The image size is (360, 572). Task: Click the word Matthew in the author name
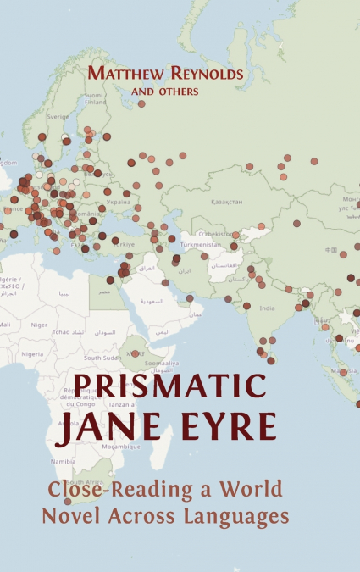[x=125, y=75]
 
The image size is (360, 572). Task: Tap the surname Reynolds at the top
[x=205, y=75]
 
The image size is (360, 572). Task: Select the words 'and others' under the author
[x=166, y=92]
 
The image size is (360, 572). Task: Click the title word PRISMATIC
[x=168, y=388]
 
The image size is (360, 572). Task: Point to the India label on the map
[x=266, y=308]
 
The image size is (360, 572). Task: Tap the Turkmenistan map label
[x=201, y=244]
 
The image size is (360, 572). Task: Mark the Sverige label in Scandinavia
[x=58, y=117]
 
